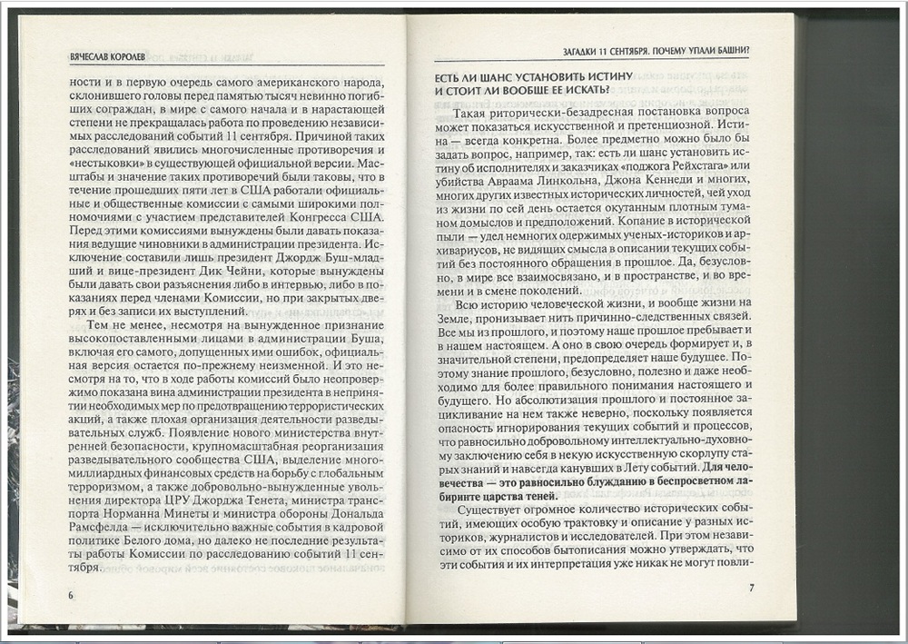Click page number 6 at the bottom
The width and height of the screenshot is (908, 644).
[70, 594]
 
